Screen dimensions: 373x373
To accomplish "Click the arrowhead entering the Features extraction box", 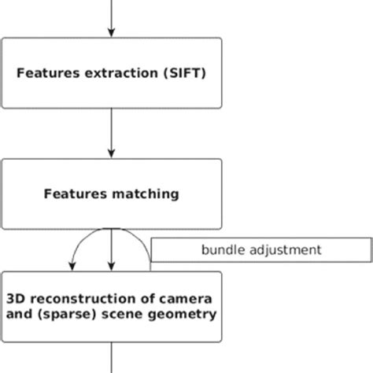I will point(111,32).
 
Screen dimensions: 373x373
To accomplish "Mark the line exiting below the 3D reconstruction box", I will point(111,358).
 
